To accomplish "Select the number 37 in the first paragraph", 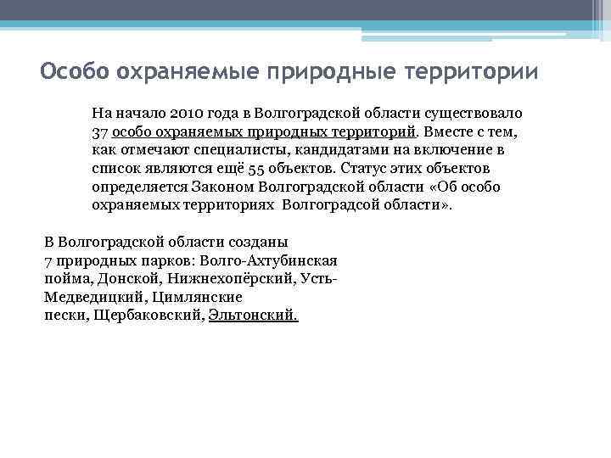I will [100, 132].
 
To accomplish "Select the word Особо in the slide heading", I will [75, 70].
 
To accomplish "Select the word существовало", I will [479, 113].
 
